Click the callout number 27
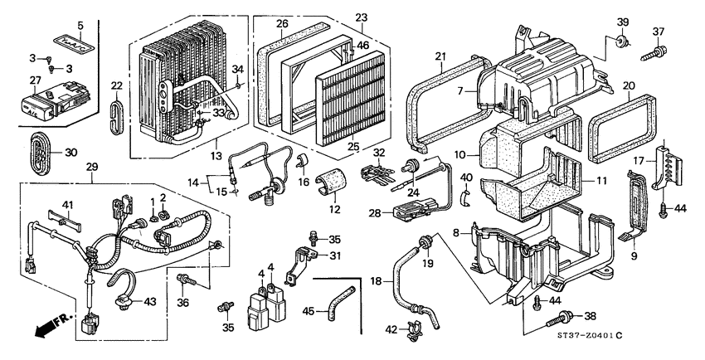(x=35, y=80)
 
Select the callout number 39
(x=622, y=21)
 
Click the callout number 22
(x=116, y=86)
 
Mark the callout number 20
(x=629, y=85)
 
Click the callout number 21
(x=441, y=56)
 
